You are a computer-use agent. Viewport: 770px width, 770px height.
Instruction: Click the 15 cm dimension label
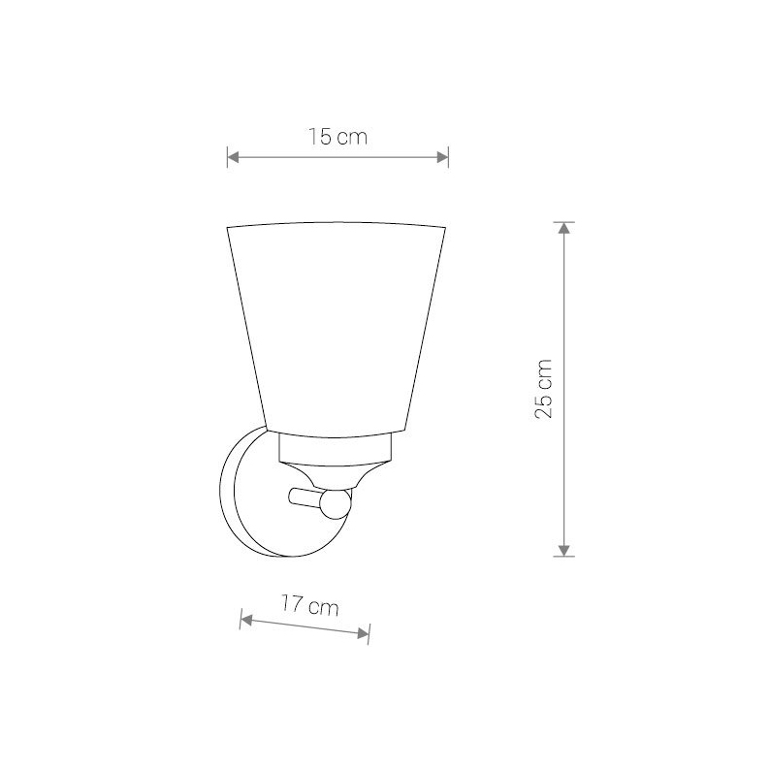337,137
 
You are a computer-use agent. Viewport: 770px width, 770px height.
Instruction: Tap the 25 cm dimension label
543,389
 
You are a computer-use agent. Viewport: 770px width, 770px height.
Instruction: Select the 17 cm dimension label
310,605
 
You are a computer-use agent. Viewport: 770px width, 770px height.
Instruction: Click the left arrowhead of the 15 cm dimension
233,157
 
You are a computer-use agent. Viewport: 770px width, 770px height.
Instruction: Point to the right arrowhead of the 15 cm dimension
442,157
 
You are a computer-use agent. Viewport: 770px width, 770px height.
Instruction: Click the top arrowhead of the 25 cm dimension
564,228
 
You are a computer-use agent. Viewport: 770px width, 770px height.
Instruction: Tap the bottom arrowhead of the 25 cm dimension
564,550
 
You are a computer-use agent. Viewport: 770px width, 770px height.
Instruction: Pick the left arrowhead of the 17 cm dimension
246,621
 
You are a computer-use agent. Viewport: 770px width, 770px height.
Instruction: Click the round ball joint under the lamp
336,503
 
